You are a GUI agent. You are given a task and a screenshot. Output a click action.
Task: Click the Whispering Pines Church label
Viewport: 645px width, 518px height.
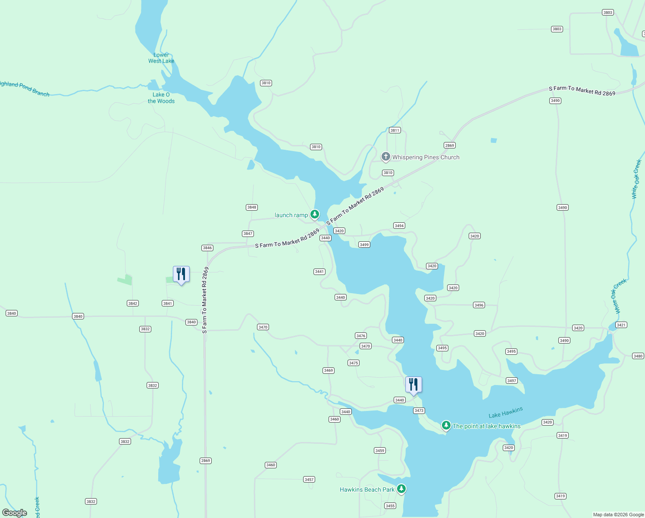pyautogui.click(x=426, y=157)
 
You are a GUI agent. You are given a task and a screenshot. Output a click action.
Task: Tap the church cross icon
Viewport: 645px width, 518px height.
pyautogui.click(x=386, y=156)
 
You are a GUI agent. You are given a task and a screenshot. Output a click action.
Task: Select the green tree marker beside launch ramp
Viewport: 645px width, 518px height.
pyautogui.click(x=315, y=214)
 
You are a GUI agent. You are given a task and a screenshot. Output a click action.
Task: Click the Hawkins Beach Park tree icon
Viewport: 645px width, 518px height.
pyautogui.click(x=401, y=489)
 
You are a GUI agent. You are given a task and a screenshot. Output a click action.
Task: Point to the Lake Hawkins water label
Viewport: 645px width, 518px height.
pyautogui.click(x=505, y=412)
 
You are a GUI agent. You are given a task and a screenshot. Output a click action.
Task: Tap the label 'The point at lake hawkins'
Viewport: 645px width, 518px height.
pyautogui.click(x=486, y=426)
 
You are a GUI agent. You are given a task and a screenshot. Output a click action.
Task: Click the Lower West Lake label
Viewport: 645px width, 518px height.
pyautogui.click(x=161, y=58)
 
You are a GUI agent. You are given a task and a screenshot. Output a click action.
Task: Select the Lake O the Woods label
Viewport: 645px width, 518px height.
pyautogui.click(x=161, y=98)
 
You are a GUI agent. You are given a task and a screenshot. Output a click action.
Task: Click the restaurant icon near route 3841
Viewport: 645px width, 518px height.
pyautogui.click(x=181, y=274)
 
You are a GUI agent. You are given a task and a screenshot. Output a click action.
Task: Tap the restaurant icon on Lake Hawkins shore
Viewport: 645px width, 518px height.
pyautogui.click(x=413, y=385)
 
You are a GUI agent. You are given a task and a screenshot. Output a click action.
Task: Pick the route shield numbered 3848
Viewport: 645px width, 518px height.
pyautogui.click(x=252, y=207)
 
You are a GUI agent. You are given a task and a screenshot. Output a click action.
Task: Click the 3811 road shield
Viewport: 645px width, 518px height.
pyautogui.click(x=395, y=130)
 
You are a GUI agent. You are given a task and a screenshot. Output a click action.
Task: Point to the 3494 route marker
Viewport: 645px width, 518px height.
pyautogui.click(x=399, y=225)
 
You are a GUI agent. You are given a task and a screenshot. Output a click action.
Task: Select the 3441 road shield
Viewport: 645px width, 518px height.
pyautogui.click(x=319, y=272)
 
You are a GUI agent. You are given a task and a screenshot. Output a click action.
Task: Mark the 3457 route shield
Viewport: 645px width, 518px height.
pyautogui.click(x=309, y=479)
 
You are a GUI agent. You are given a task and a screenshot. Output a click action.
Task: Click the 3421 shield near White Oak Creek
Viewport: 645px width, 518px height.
pyautogui.click(x=621, y=325)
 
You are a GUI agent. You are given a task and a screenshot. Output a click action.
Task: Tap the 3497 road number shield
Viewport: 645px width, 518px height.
pyautogui.click(x=512, y=380)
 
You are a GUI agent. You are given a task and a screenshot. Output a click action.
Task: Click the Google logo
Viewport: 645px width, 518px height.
pyautogui.click(x=15, y=513)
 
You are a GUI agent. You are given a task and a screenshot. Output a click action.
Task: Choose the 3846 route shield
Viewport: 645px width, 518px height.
pyautogui.click(x=207, y=248)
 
